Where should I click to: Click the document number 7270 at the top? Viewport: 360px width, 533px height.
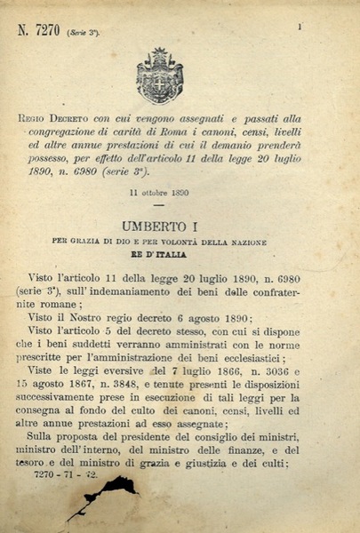pyautogui.click(x=45, y=30)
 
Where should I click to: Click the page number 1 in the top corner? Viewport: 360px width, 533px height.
pyautogui.click(x=300, y=27)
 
